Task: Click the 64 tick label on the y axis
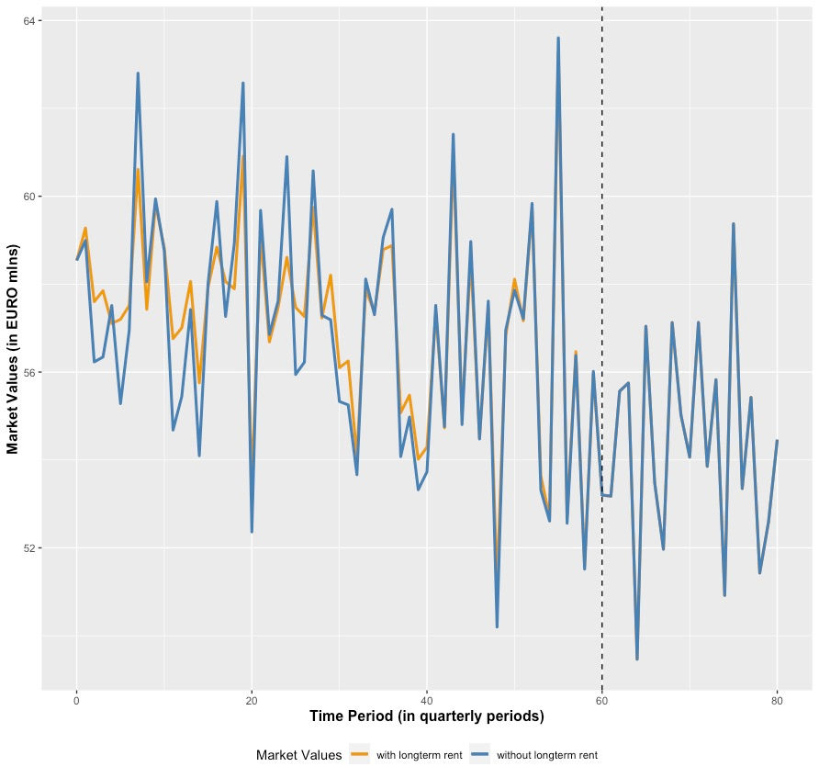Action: pos(29,20)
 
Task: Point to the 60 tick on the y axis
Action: pos(29,197)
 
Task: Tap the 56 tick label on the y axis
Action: pos(29,372)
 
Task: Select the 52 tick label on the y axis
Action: pos(29,548)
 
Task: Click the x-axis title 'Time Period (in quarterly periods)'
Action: pos(426,716)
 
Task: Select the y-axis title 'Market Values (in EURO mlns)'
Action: pos(13,349)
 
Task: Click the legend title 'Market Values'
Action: pos(299,755)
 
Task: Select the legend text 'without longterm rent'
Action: pos(547,755)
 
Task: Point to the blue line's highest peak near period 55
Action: pos(558,38)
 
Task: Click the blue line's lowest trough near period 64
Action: pos(637,659)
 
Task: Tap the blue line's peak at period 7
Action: pos(138,73)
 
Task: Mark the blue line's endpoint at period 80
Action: pos(777,441)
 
